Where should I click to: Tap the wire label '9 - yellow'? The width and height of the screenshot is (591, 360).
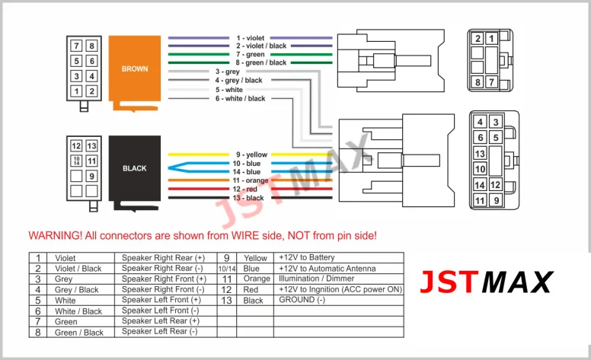click(251, 155)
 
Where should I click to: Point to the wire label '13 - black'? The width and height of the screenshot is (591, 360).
click(248, 198)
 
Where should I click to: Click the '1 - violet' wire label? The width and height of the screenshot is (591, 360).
click(251, 37)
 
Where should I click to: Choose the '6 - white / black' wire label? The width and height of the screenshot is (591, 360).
click(240, 98)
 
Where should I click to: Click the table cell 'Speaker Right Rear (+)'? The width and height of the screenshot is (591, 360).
click(163, 258)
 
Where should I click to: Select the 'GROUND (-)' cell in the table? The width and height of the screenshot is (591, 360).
click(302, 300)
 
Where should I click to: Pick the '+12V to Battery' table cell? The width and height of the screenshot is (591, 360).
click(306, 257)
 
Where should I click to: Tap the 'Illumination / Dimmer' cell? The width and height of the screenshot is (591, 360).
click(317, 279)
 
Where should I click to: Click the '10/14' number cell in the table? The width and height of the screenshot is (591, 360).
click(227, 269)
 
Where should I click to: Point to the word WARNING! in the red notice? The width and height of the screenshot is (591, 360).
click(56, 236)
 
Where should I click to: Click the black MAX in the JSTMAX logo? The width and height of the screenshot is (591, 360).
click(517, 282)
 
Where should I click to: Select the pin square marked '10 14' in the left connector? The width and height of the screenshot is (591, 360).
click(76, 161)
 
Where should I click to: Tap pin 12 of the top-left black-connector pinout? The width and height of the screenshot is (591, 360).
click(76, 145)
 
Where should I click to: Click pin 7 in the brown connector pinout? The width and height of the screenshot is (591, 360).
click(76, 46)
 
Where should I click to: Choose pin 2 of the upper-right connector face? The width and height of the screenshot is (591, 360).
click(478, 38)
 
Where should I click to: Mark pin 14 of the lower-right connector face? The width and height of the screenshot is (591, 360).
click(480, 185)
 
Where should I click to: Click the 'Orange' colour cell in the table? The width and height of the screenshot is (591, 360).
click(257, 279)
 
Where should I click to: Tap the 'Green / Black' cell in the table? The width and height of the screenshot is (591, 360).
click(78, 333)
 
